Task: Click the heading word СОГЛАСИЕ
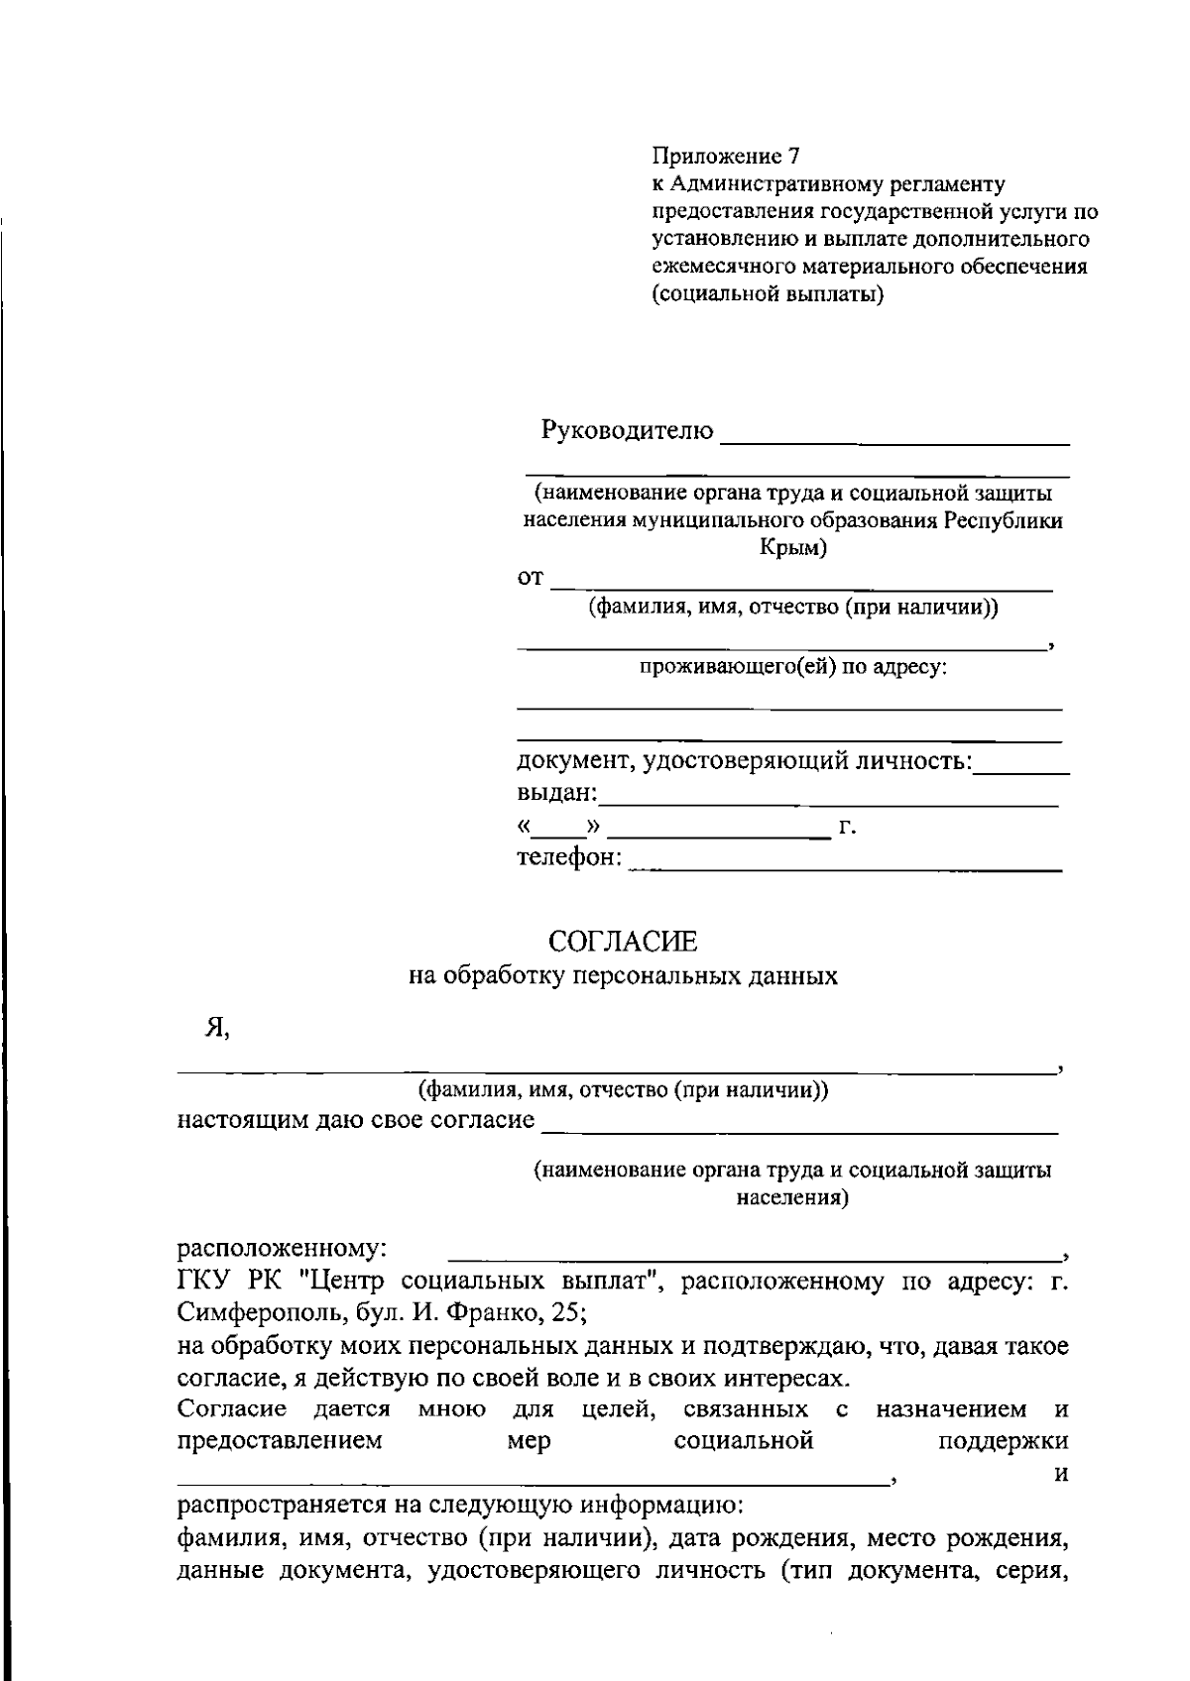click(x=623, y=940)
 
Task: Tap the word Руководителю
click(x=627, y=431)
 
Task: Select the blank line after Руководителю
click(x=895, y=440)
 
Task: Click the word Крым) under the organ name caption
click(x=792, y=548)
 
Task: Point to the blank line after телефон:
click(x=845, y=868)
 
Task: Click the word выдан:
click(x=557, y=794)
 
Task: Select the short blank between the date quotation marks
click(x=562, y=834)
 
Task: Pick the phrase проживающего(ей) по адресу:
click(x=792, y=667)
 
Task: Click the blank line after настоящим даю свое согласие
click(x=800, y=1130)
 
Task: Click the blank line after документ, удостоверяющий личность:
click(x=1021, y=771)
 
